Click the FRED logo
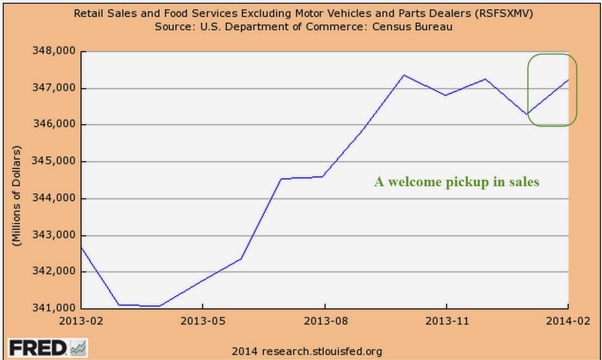point(47,347)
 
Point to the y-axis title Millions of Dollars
point(18,196)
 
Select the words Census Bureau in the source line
point(408,26)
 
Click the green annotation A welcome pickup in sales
point(457,182)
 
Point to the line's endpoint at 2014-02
point(568,80)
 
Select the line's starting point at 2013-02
point(81,248)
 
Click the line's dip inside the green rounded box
point(527,114)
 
